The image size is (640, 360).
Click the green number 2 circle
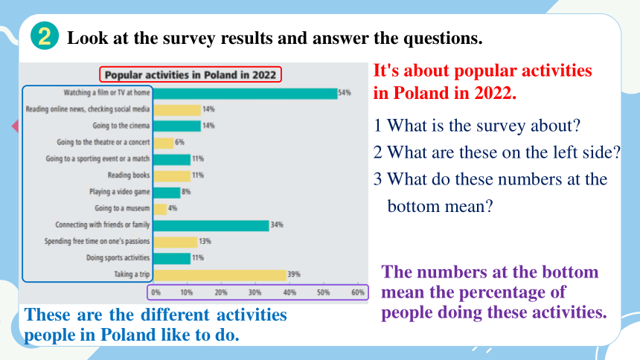point(45,36)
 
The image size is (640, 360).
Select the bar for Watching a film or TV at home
point(246,94)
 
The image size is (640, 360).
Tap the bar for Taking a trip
point(220,275)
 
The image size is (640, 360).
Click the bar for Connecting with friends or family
point(211,225)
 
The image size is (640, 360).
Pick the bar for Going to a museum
point(160,209)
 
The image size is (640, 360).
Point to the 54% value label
point(345,93)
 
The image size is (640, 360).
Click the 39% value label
point(294,274)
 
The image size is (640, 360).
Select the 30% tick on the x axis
point(255,292)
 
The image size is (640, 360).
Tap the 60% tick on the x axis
point(358,292)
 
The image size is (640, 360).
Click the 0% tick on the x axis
point(156,292)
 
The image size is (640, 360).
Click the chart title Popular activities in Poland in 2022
point(191,74)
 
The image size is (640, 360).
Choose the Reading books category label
point(129,175)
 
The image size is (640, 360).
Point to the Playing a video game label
point(120,192)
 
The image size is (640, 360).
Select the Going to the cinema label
point(121,126)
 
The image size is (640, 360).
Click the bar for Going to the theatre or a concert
point(164,143)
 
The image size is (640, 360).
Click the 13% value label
point(205,241)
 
